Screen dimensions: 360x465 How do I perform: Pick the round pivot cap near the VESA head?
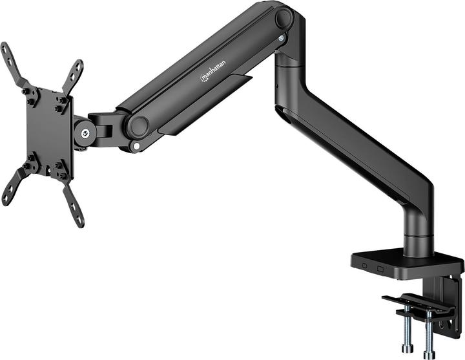[137, 125]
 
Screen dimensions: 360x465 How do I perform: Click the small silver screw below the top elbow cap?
[281, 39]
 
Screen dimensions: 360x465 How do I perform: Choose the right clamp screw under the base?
[428, 336]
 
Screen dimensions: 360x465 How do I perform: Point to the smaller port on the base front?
[365, 266]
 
